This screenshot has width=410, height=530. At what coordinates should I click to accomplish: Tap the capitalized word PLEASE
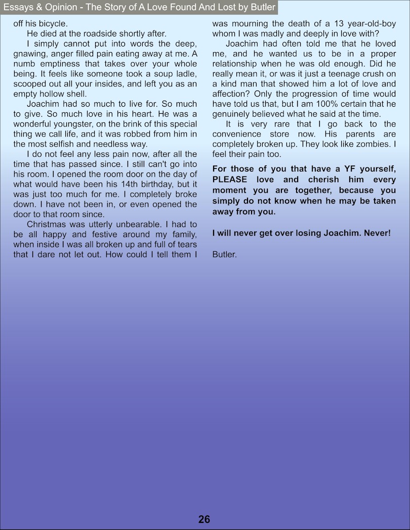tap(230, 180)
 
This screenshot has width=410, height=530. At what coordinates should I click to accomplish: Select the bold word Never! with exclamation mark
tap(377, 233)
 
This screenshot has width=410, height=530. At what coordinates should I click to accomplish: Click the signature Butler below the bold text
tap(224, 254)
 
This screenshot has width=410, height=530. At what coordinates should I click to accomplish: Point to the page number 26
tap(204, 519)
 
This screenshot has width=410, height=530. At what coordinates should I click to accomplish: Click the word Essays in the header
tap(16, 7)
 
